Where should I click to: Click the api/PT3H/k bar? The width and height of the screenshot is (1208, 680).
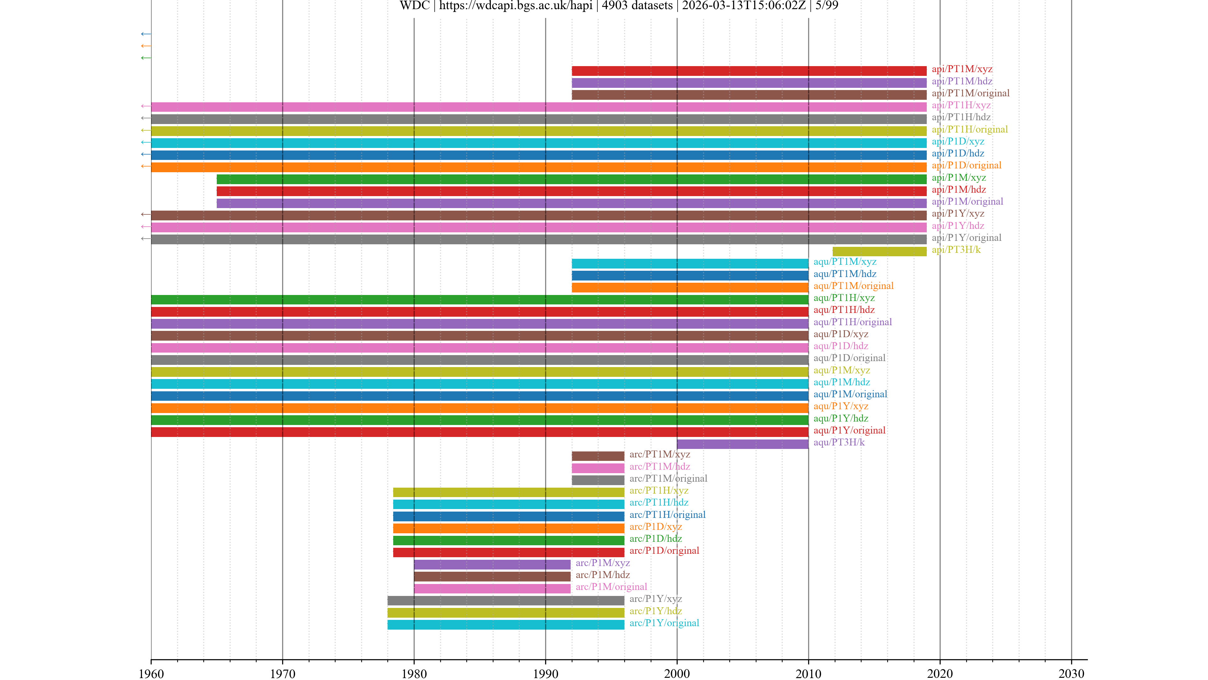coord(879,252)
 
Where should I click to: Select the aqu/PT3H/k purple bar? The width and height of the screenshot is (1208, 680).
coord(742,444)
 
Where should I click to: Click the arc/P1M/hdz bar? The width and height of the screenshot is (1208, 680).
coord(492,576)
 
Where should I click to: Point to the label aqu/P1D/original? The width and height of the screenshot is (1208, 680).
coord(849,358)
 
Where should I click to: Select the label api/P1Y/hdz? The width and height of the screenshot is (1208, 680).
coord(958,226)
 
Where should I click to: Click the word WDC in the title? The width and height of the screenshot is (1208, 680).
coord(415,6)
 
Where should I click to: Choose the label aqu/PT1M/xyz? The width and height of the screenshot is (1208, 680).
coord(845,262)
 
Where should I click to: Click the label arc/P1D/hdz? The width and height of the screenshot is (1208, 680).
coord(655,539)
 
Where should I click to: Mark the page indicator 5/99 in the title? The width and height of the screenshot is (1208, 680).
coord(827,6)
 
